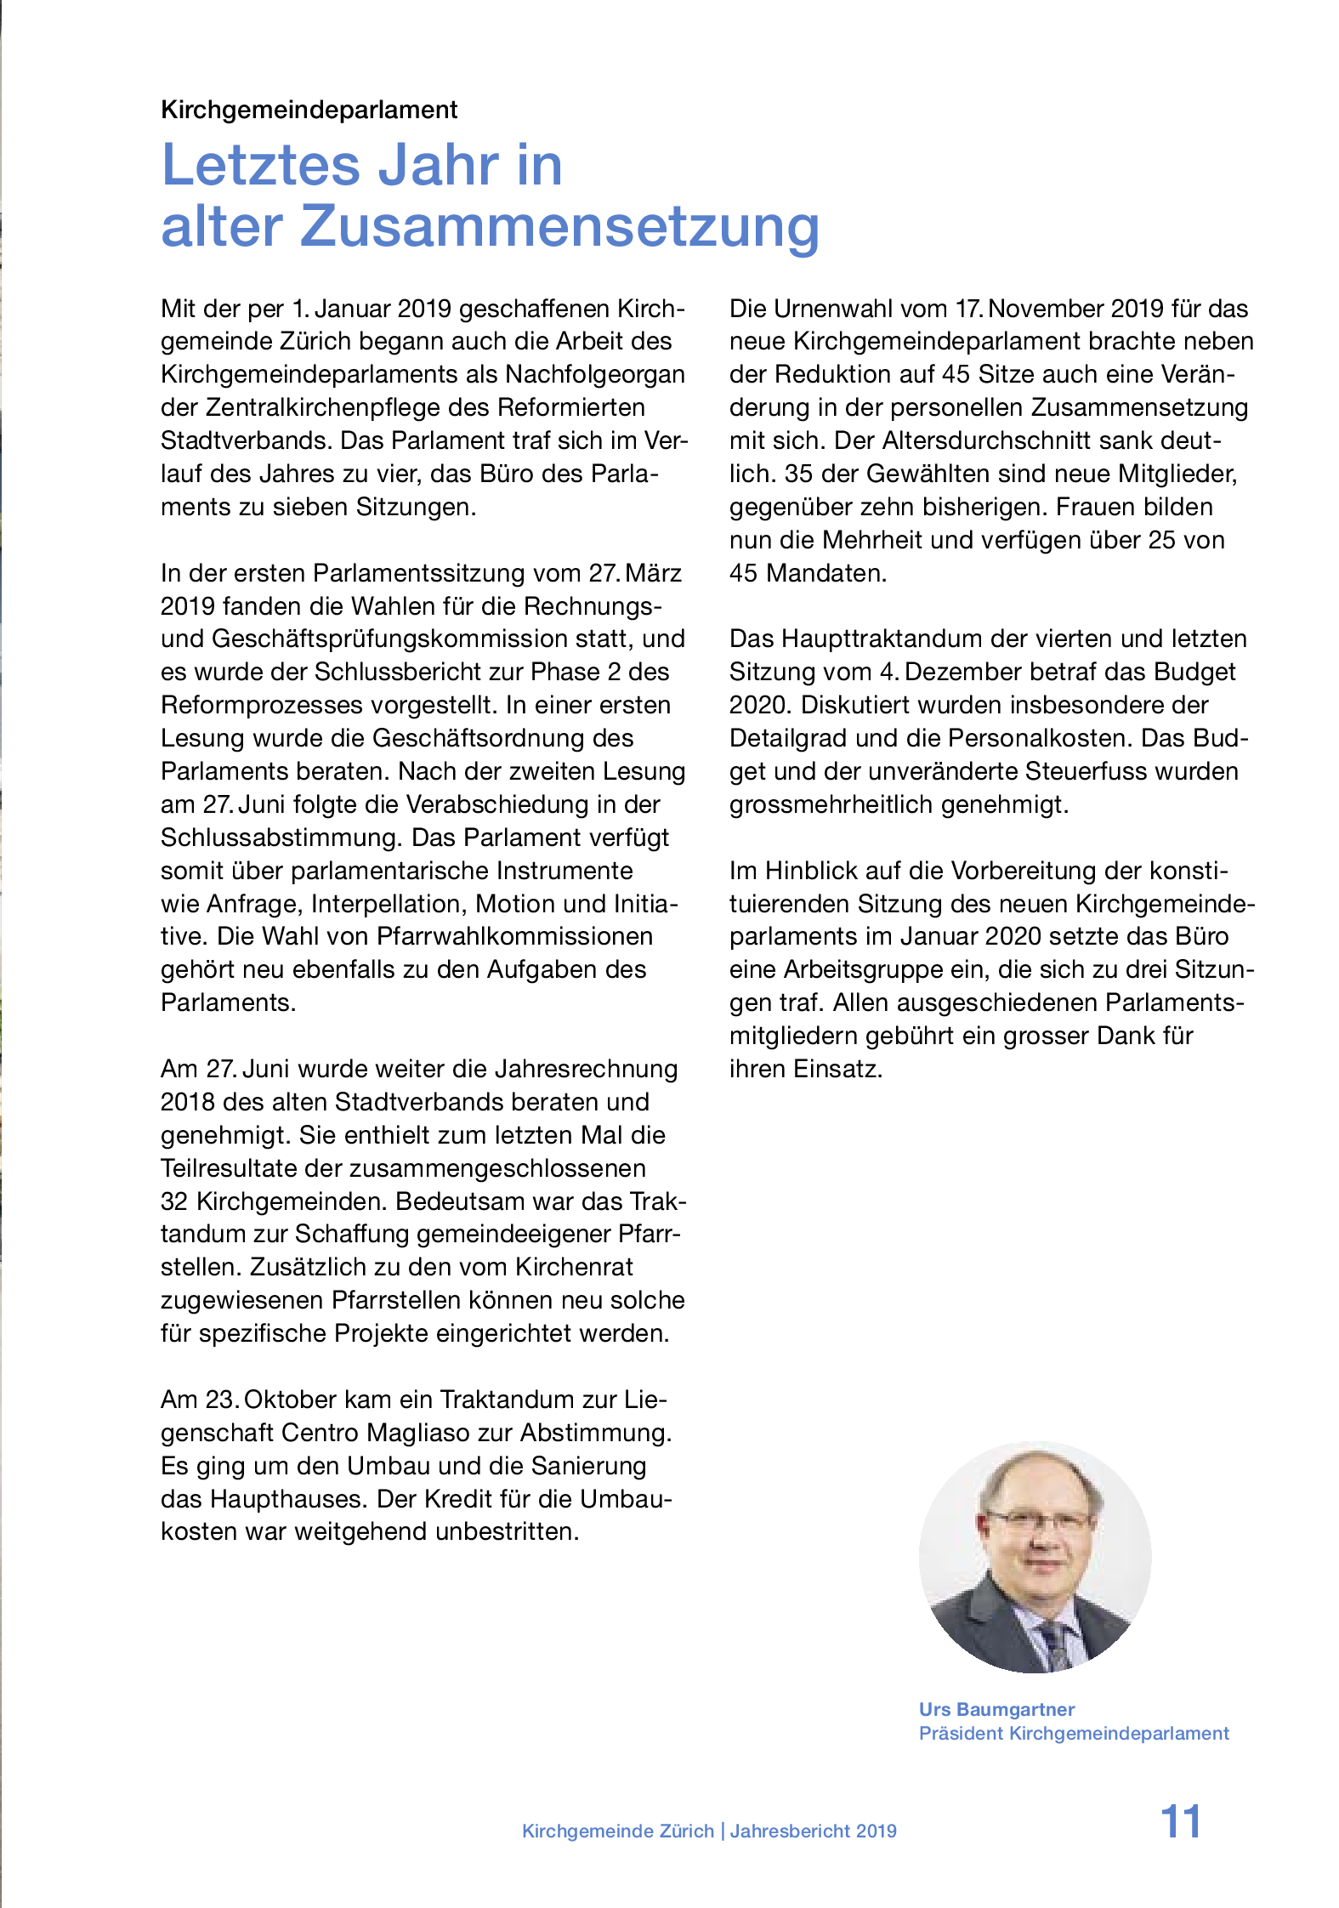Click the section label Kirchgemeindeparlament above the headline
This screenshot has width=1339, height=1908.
tap(309, 110)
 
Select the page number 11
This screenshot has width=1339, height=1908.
tap(1180, 1822)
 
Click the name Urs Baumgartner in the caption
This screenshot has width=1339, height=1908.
tap(996, 1709)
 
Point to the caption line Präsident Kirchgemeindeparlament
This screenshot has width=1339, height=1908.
tap(1073, 1733)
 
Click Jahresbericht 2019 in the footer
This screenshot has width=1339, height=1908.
tap(813, 1831)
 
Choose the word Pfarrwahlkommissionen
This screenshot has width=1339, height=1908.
tap(514, 936)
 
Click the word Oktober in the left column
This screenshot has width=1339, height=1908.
tap(294, 1400)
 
